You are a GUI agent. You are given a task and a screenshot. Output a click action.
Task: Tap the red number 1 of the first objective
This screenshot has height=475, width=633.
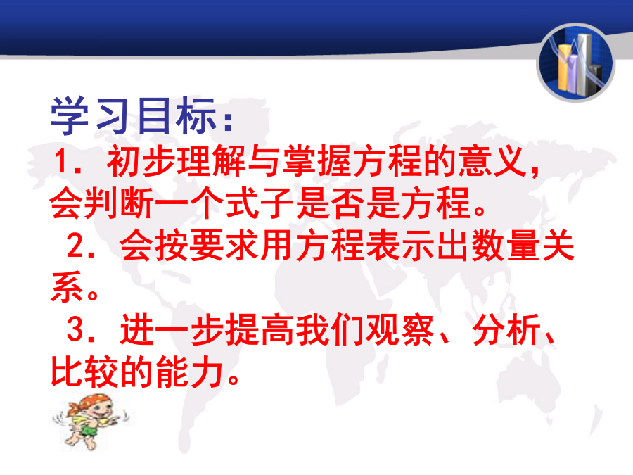click(63, 160)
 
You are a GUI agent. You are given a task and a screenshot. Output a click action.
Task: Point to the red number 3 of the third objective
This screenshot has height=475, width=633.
click(75, 329)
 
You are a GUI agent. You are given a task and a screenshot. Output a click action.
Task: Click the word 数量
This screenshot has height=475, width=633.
click(506, 245)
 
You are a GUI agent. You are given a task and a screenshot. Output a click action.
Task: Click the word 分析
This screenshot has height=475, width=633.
click(506, 329)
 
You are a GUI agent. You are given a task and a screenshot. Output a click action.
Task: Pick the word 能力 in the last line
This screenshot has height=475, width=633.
click(190, 372)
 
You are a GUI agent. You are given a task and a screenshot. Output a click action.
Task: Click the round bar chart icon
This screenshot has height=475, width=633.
click(576, 63)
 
